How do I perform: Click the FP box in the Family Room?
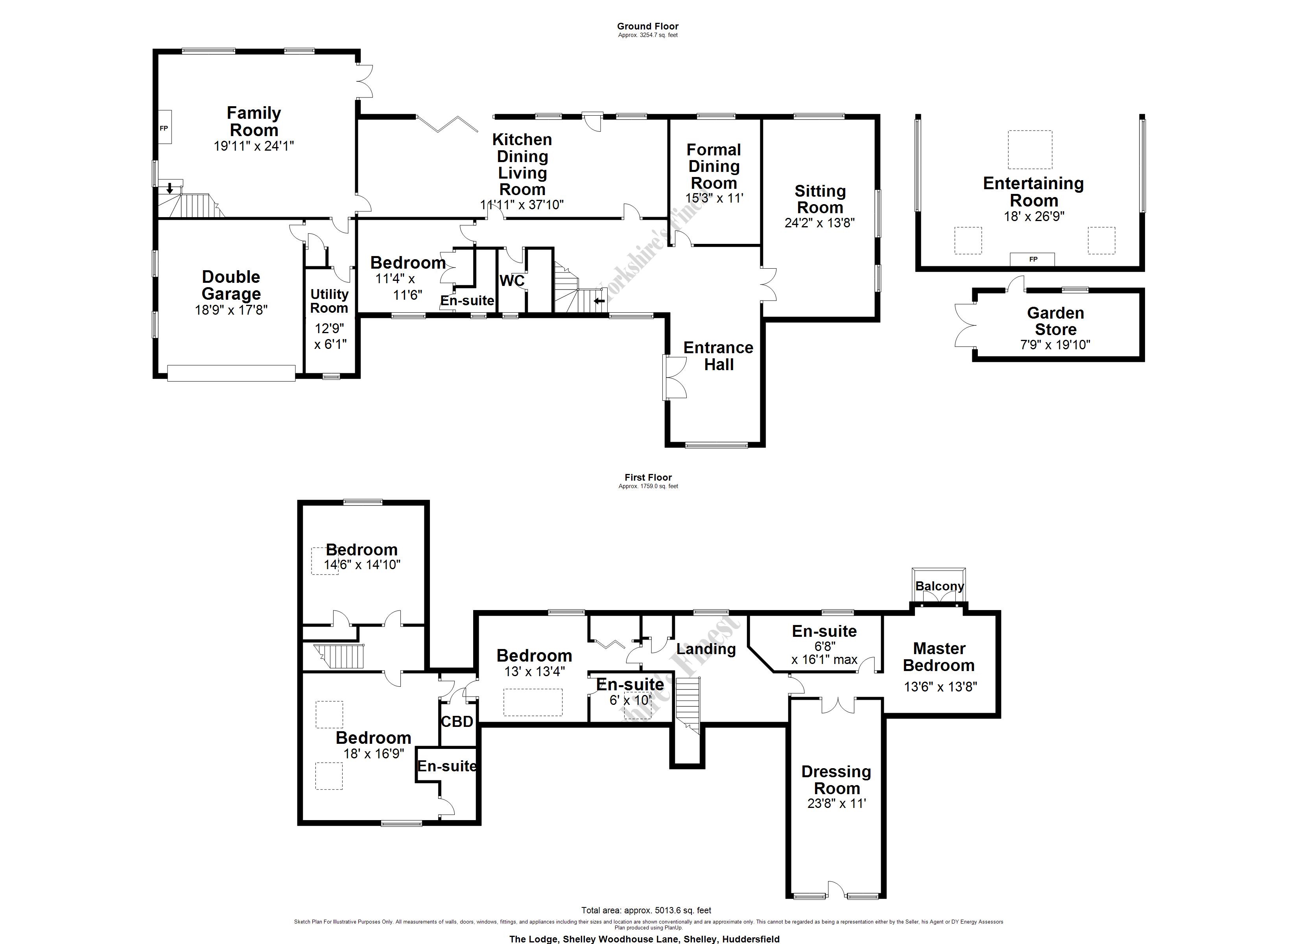tap(164, 128)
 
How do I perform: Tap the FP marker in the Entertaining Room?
tap(1033, 259)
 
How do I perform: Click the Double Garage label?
tap(231, 285)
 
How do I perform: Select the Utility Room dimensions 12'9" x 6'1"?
tap(331, 336)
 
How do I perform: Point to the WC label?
tap(512, 280)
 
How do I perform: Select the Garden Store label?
tap(1055, 321)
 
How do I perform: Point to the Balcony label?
tap(939, 586)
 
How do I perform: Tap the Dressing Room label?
tap(836, 780)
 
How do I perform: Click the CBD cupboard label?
tap(457, 722)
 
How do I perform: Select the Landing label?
tap(706, 649)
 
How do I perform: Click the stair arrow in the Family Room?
tap(170, 188)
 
